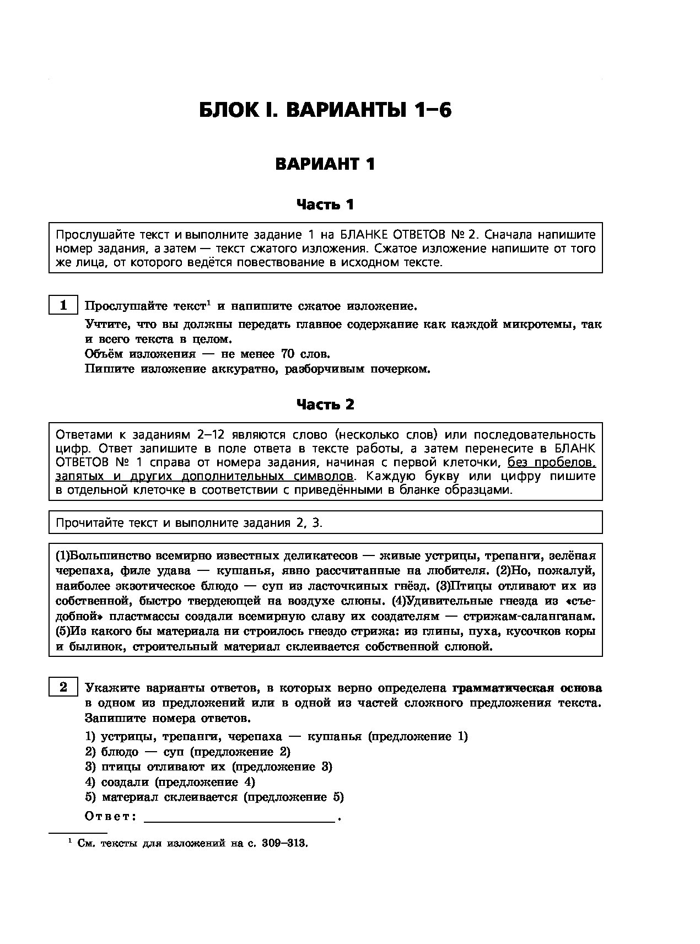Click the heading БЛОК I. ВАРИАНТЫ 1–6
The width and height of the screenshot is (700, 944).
point(325,110)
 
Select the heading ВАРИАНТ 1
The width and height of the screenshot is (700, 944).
point(325,164)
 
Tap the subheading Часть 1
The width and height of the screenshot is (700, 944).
point(325,204)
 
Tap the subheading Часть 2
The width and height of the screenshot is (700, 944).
point(325,404)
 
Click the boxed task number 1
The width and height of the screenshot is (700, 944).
point(63,305)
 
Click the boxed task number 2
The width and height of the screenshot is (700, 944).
point(63,688)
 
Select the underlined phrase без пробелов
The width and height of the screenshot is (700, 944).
point(551,462)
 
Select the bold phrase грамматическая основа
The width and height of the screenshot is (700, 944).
point(527,688)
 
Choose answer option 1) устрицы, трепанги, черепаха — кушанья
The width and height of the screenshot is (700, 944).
point(276,737)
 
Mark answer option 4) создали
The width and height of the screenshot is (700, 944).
point(170,782)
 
